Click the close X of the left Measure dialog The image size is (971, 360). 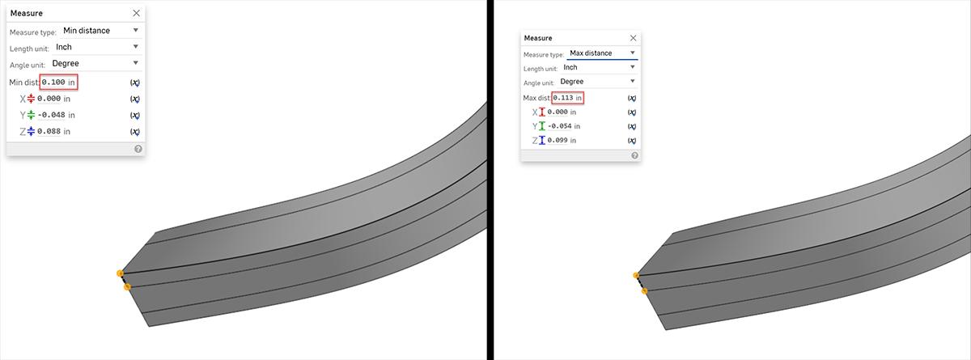coord(136,13)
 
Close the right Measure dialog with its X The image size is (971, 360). coord(633,38)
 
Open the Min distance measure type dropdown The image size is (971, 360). coord(100,31)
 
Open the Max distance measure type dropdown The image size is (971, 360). coord(602,53)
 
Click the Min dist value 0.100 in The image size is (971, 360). coord(58,83)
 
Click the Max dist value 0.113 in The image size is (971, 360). coord(567,98)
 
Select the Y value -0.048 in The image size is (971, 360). coord(54,115)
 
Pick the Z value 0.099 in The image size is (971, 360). coord(562,140)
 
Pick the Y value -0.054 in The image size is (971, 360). coord(564,126)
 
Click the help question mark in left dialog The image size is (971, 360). coord(138,149)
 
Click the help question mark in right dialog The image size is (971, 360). coord(634,155)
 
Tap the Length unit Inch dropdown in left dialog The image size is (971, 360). coord(96,47)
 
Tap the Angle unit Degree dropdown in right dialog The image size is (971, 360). coord(598,82)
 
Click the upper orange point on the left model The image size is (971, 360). coord(120,273)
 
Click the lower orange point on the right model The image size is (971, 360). coord(644,290)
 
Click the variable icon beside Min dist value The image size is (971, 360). coord(134,83)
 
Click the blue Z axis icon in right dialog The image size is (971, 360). coord(541,140)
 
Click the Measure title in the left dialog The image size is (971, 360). coord(27,13)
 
